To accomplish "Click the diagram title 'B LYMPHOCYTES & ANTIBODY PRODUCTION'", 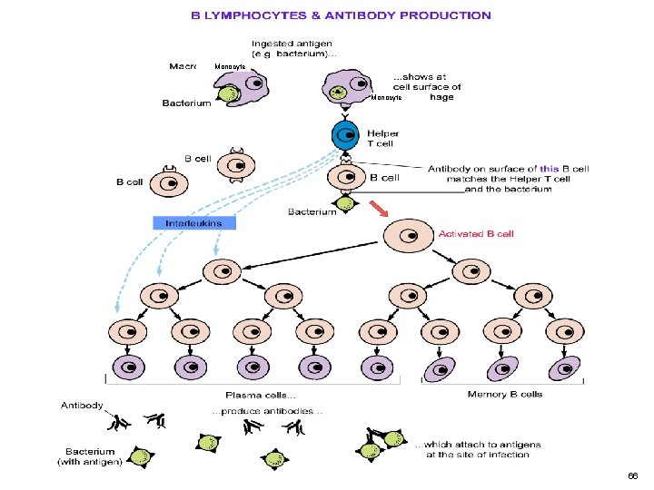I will [x=340, y=15].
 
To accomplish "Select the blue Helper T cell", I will [x=344, y=135].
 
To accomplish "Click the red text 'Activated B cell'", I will [x=476, y=234].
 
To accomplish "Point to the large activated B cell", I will [x=408, y=236].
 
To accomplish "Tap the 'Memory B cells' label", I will [x=505, y=395].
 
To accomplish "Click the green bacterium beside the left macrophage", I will [x=228, y=95].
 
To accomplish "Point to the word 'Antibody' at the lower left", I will [x=82, y=405].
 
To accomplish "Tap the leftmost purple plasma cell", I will [x=128, y=367].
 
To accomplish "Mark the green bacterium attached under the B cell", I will [x=345, y=203].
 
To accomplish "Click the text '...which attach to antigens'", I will [x=478, y=444].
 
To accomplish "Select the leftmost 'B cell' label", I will [x=129, y=181].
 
